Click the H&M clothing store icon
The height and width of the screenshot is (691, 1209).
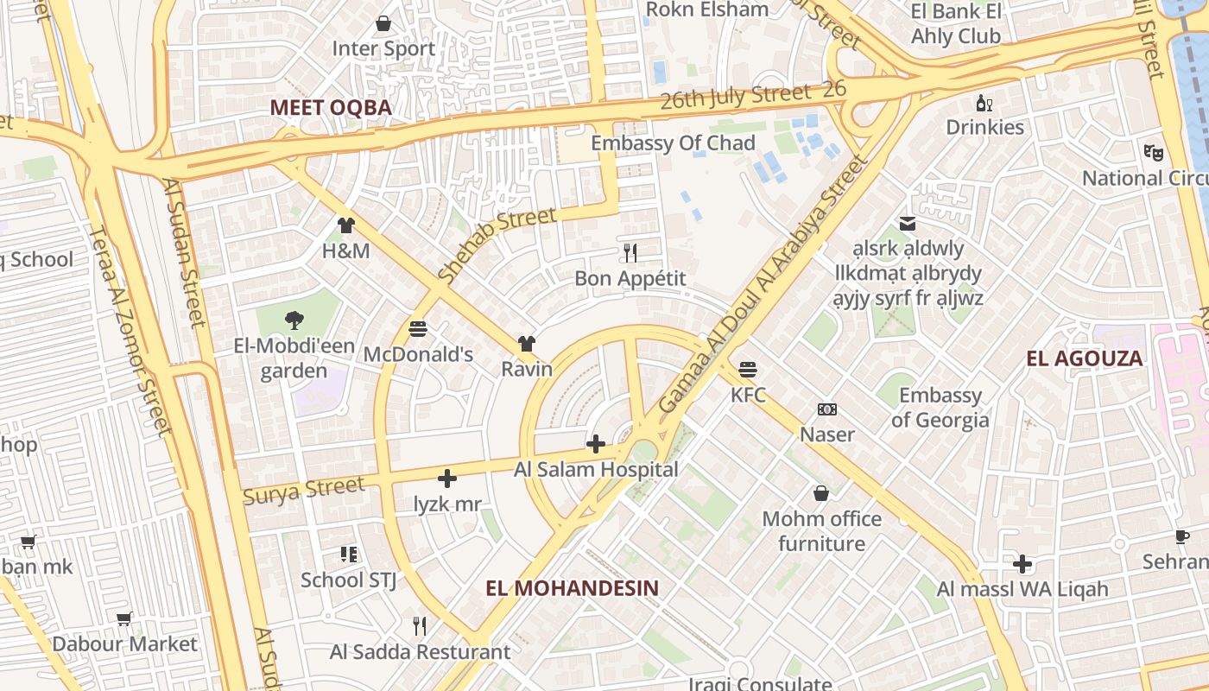345,225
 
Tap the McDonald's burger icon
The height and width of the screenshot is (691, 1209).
418,329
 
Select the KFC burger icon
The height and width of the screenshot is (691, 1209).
748,370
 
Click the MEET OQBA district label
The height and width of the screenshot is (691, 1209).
331,108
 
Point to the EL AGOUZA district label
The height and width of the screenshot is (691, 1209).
1084,358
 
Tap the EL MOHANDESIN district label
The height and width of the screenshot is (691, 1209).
572,588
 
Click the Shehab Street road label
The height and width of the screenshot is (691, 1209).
496,245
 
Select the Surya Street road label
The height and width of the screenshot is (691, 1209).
304,491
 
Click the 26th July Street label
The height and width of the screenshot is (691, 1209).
736,95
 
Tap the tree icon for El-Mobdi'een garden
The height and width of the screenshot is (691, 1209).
294,320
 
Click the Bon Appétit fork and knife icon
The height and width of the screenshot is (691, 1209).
630,252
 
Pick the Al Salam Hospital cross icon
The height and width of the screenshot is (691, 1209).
596,444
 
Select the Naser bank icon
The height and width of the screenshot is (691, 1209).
827,409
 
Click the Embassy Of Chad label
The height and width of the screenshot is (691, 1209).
673,143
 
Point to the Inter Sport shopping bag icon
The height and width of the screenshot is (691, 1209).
383,23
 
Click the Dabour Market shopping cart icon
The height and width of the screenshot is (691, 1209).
124,618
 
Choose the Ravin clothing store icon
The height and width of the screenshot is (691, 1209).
527,344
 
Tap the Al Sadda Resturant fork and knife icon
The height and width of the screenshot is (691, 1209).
420,626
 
